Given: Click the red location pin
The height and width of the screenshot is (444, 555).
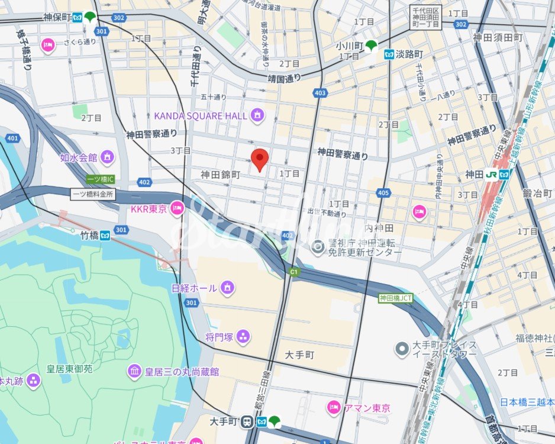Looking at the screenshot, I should pos(260,159).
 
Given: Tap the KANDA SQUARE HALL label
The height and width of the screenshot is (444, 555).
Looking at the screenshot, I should pos(201,116).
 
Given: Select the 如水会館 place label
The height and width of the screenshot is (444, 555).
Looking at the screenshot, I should pos(79,157).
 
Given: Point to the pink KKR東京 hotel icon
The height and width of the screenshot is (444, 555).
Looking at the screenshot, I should pos(176,208).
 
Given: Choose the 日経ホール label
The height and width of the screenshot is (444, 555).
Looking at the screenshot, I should pos(195,288).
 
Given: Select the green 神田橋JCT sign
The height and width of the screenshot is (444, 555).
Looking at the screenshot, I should pos(395,298).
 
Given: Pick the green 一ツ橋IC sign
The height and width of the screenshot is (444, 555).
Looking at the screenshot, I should pos(100,179).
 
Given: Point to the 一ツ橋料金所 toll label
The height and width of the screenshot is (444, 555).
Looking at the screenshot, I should pos(92,194).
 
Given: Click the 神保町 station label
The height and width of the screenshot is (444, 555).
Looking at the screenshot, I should pos(57,18).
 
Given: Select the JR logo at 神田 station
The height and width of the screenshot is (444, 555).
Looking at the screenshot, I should pos(491,175).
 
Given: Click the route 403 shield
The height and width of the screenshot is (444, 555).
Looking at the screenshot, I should pos(321,93).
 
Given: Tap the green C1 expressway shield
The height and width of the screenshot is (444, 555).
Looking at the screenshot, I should pos(293,272).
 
